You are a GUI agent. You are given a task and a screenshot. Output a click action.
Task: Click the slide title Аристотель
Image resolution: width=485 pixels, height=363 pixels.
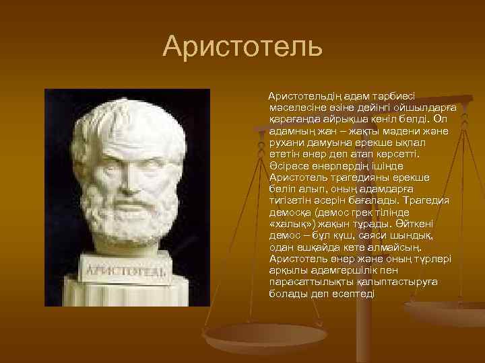(243, 46)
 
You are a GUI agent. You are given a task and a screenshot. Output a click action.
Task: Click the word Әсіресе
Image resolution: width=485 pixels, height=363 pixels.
(288, 165)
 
